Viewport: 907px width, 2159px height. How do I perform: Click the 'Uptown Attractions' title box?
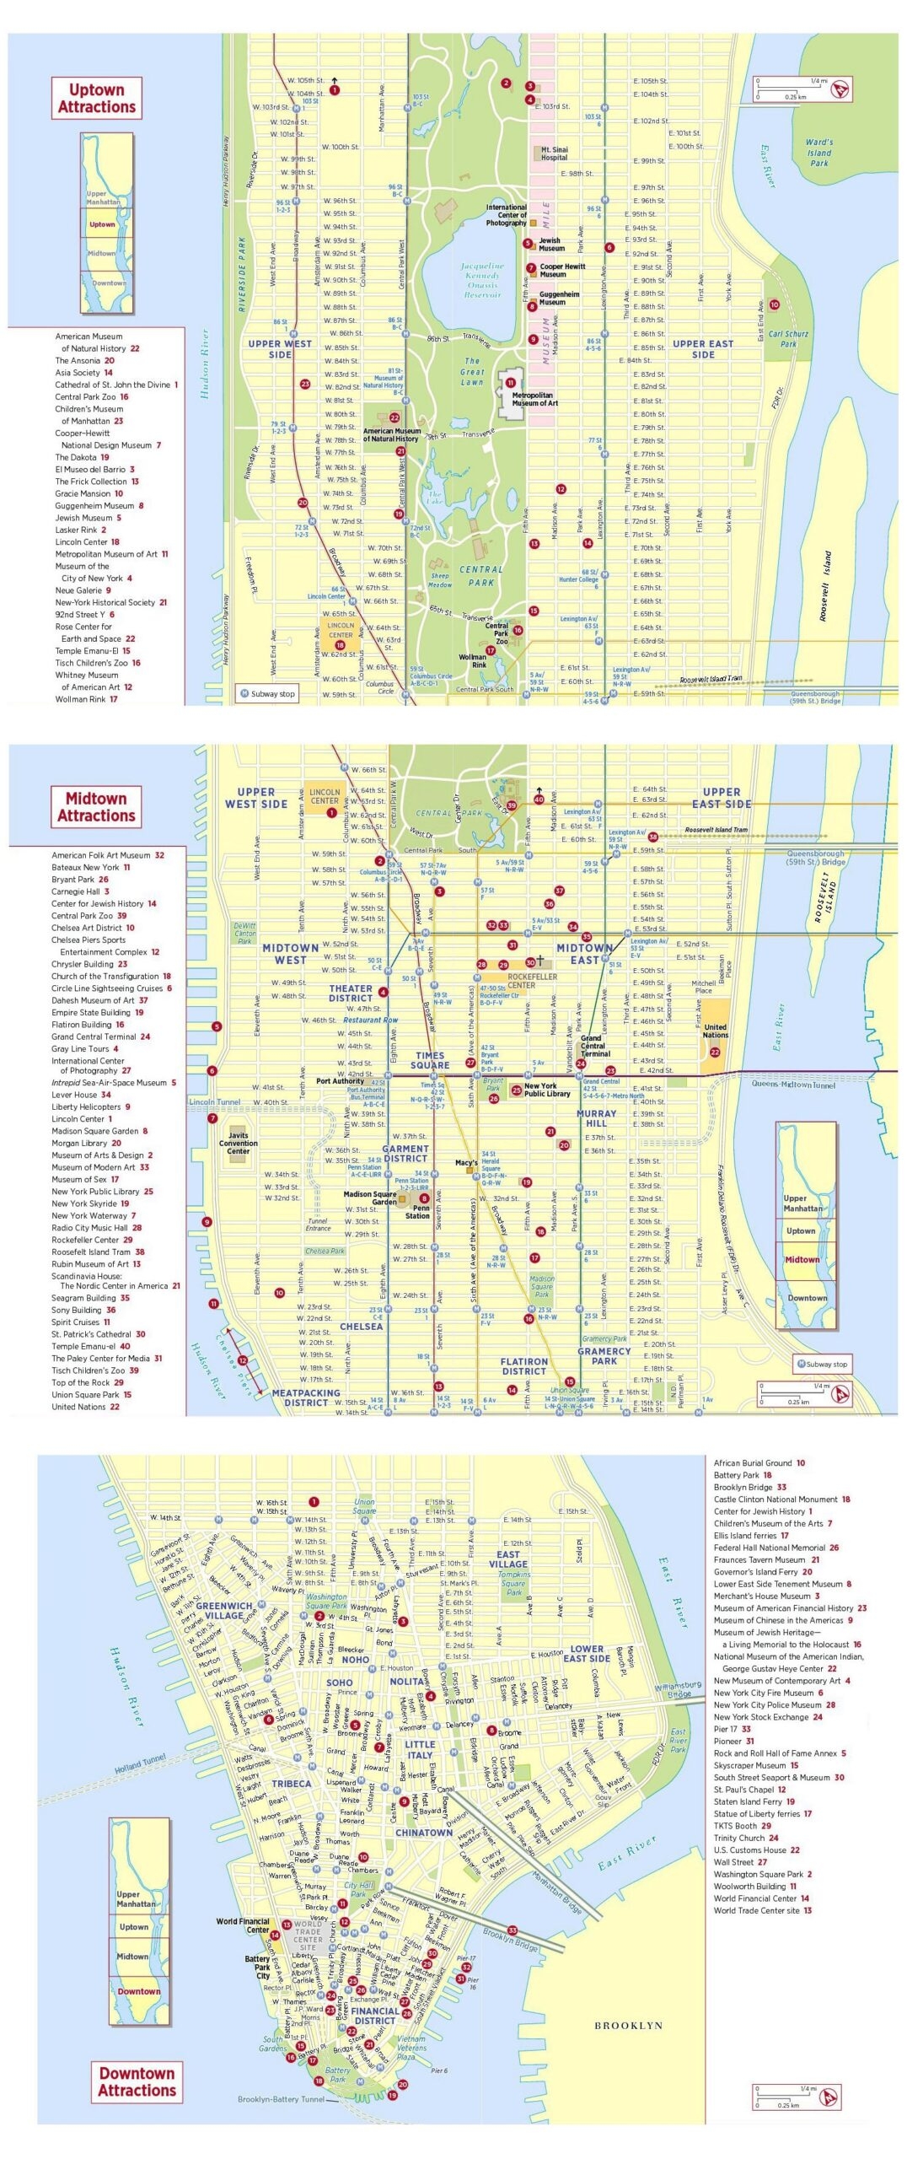pyautogui.click(x=96, y=99)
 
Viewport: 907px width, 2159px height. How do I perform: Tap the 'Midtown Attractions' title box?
pyautogui.click(x=96, y=807)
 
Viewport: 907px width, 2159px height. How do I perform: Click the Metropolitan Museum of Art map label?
pyautogui.click(x=533, y=399)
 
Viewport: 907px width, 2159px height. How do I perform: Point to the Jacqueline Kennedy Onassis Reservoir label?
pyautogui.click(x=482, y=280)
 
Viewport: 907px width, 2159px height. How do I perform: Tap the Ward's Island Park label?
pyautogui.click(x=818, y=153)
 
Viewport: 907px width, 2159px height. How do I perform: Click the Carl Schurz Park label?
pyautogui.click(x=788, y=338)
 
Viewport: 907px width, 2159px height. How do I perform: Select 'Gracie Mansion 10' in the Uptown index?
pyautogui.click(x=89, y=493)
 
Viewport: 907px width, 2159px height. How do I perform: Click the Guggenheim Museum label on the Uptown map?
pyautogui.click(x=559, y=298)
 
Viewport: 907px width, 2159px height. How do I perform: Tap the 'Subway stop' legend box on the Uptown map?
pyautogui.click(x=266, y=694)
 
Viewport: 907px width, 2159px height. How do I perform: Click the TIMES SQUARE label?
pyautogui.click(x=430, y=1060)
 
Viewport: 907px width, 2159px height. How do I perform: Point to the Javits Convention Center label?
pyautogui.click(x=238, y=1144)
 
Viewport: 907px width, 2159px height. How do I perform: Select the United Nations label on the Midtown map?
pyautogui.click(x=715, y=1031)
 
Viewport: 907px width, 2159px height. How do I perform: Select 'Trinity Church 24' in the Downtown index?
pyautogui.click(x=745, y=1838)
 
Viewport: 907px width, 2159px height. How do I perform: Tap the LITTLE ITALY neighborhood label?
pyautogui.click(x=420, y=1749)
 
